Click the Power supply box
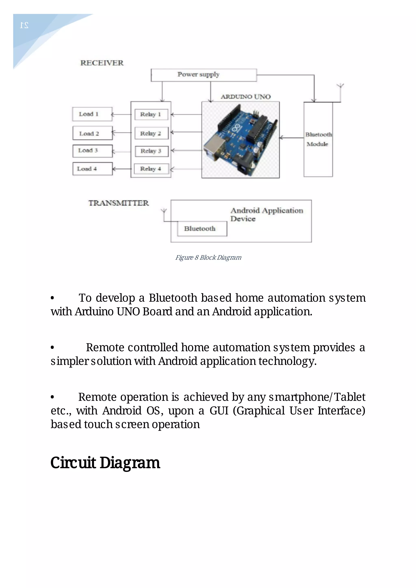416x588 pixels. [x=204, y=75]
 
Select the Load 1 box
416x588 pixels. [x=92, y=114]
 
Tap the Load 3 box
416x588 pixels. [x=92, y=151]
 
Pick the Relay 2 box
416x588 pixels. [x=151, y=133]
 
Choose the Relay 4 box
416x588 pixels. [x=151, y=169]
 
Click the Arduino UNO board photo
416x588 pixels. [x=240, y=140]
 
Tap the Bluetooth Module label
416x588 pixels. [x=318, y=139]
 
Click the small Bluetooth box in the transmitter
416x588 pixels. [x=202, y=229]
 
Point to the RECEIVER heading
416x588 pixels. [x=102, y=63]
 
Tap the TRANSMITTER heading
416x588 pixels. [x=118, y=203]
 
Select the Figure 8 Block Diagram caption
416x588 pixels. [x=208, y=258]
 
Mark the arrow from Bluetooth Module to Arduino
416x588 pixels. [x=291, y=138]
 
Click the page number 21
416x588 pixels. [x=24, y=25]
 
